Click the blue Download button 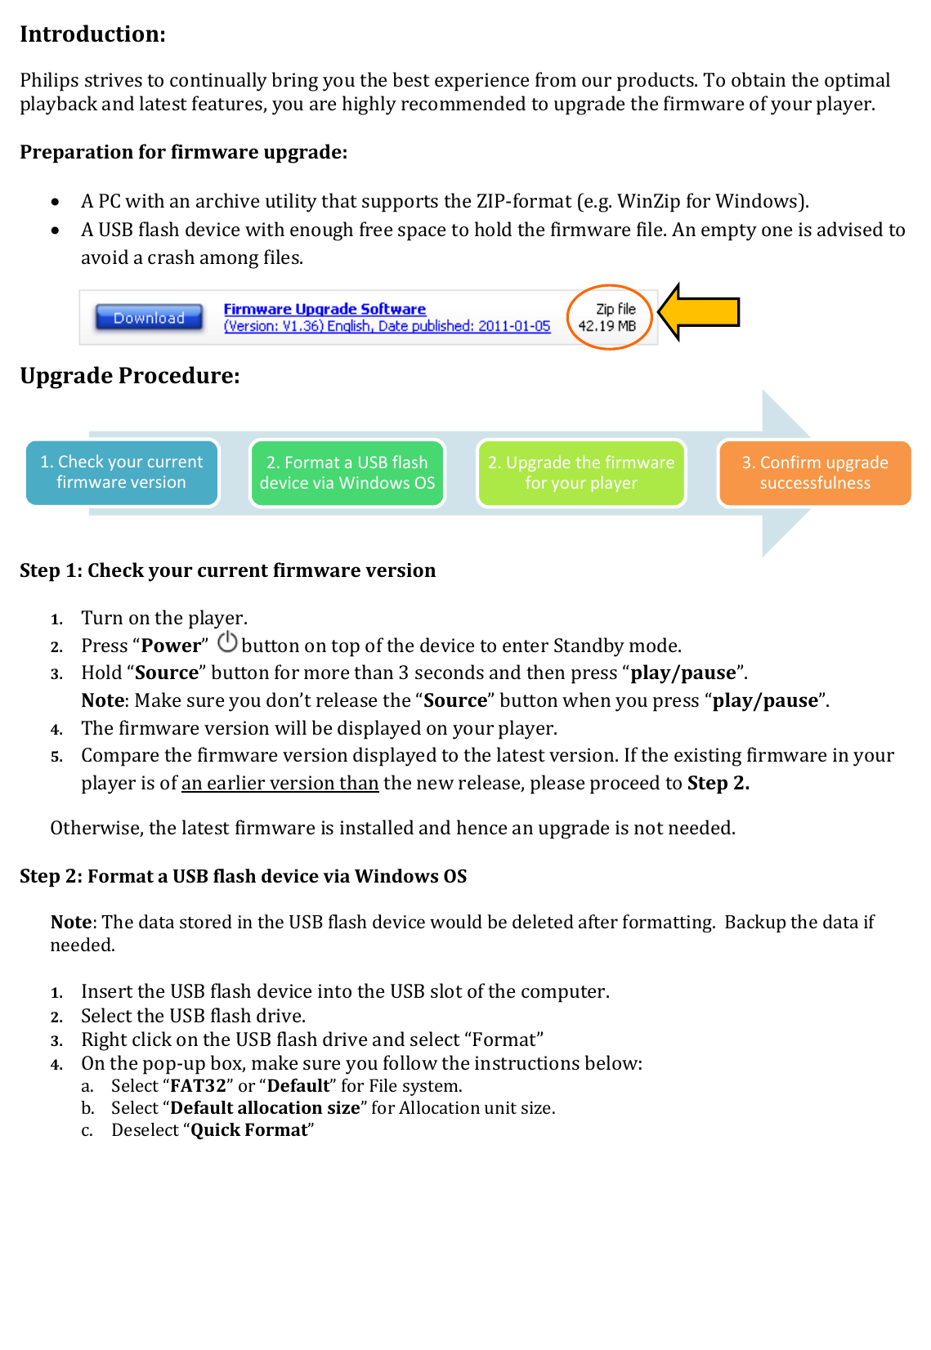click(149, 318)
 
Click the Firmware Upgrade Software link click(325, 309)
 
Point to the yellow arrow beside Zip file click(700, 312)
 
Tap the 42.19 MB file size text click(606, 326)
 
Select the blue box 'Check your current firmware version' click(122, 472)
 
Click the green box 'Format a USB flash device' click(347, 473)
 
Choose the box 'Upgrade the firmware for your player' click(581, 473)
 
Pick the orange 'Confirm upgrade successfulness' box click(814, 473)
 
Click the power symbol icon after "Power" click(227, 642)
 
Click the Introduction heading click(92, 34)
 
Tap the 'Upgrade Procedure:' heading click(130, 376)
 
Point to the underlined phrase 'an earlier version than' click(280, 783)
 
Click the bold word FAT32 click(198, 1086)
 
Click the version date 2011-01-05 click(514, 326)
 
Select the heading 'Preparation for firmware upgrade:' click(183, 153)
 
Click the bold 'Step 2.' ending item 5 click(718, 783)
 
